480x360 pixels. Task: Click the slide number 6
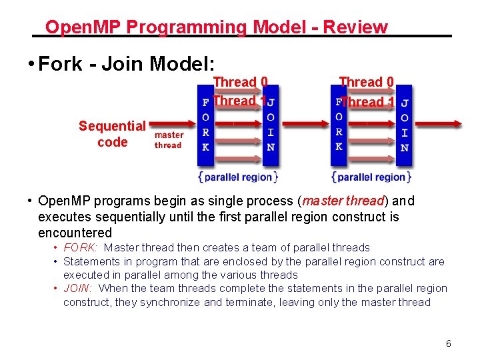point(448,343)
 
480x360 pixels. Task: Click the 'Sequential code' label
point(112,134)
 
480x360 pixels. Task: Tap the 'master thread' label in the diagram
point(169,140)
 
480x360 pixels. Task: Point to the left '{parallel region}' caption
point(237,177)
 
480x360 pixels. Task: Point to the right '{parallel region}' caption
point(371,177)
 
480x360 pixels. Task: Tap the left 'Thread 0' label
point(240,82)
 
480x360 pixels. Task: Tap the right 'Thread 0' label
point(367,82)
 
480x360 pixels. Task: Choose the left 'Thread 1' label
point(240,101)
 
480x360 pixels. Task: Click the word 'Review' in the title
point(356,27)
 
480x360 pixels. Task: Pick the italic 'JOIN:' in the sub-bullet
point(79,288)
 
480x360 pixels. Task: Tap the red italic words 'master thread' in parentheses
point(343,201)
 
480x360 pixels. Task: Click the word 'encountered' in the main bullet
point(75,233)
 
